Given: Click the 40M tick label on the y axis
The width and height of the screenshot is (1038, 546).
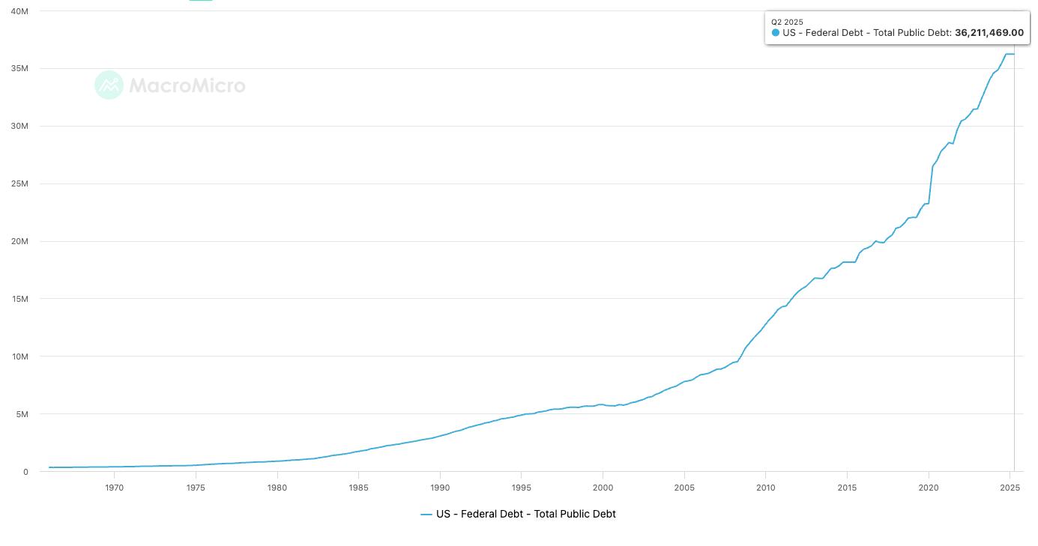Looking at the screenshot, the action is tap(19, 11).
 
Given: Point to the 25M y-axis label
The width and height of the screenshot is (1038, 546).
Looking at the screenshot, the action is tap(19, 183).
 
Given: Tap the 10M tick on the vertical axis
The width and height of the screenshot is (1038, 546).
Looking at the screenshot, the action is tap(20, 357).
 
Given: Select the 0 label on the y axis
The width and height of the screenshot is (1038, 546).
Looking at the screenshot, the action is tap(26, 472).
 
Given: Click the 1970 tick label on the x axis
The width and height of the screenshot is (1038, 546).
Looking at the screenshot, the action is tap(114, 488).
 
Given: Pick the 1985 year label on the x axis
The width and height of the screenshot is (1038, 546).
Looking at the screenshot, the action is tap(358, 488).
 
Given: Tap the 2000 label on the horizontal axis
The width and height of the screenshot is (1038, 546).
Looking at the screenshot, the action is tap(603, 488).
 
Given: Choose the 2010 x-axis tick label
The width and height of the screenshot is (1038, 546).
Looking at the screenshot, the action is tap(765, 488).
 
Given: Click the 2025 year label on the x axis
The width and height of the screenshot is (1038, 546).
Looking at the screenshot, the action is tap(1010, 488).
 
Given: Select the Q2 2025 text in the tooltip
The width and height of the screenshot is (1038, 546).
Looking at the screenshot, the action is tap(787, 22).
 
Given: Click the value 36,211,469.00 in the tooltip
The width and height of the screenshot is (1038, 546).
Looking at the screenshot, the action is tap(989, 33).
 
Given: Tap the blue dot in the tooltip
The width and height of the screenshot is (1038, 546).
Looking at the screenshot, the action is tap(775, 33).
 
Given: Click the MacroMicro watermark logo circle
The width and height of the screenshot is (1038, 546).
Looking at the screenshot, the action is tap(109, 85).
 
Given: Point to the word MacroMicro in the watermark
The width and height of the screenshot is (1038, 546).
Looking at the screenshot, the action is tap(187, 85).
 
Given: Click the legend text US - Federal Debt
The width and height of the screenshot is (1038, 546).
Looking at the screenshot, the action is tap(480, 514).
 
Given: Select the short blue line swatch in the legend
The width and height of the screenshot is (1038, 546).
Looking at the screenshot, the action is tap(426, 515).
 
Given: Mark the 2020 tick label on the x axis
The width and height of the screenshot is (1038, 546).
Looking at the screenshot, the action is tap(929, 488).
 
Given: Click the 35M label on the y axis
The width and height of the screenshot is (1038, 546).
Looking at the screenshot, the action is tap(19, 69).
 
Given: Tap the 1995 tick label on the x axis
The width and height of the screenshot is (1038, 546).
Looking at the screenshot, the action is tap(522, 488).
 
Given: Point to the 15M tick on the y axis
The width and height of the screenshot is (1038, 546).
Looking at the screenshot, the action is tap(20, 299).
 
